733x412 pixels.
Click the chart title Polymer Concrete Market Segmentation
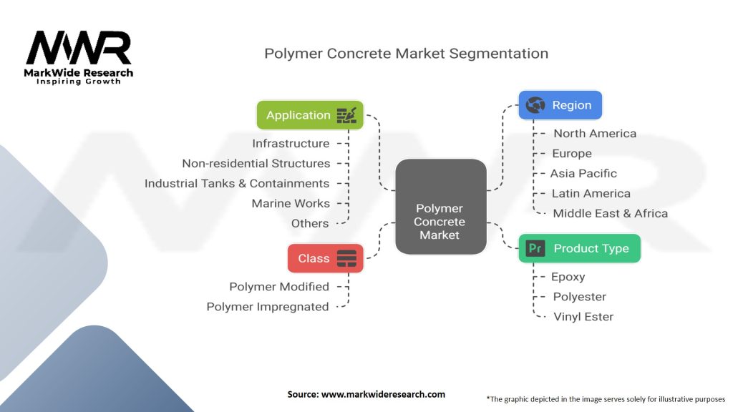(406, 54)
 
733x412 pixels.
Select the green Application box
(310, 115)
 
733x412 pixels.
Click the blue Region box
(560, 105)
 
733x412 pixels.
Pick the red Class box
(325, 258)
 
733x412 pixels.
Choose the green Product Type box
(579, 248)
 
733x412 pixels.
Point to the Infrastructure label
(291, 144)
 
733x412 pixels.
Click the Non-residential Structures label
(256, 164)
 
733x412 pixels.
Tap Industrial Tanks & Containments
(237, 184)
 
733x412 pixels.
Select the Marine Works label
(291, 204)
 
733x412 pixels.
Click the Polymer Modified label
(279, 287)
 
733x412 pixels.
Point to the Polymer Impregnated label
(268, 307)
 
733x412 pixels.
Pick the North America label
(594, 134)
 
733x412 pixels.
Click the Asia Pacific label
(583, 174)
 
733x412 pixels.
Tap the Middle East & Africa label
(610, 214)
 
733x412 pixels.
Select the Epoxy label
(568, 277)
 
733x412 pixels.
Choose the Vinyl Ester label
(583, 317)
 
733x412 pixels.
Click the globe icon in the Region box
(535, 105)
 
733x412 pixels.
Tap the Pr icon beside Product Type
(535, 248)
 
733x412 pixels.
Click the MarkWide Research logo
(79, 58)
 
